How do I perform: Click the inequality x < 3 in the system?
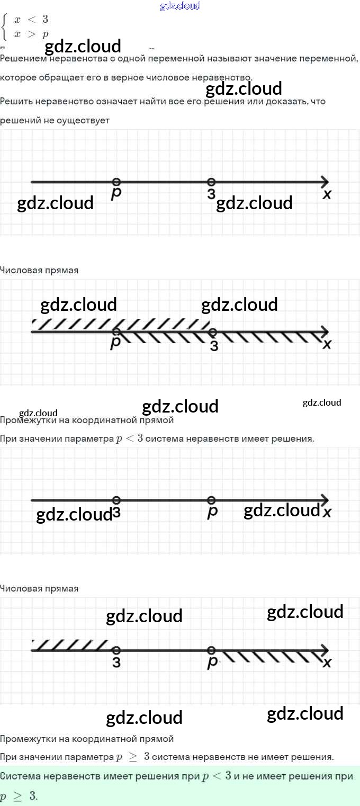point(31,20)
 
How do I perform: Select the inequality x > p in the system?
point(31,34)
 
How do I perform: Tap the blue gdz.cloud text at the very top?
point(180,6)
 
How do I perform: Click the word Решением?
point(22,58)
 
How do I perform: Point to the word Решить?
point(16,101)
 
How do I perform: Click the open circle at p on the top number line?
point(116,182)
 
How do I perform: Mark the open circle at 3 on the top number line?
point(211,182)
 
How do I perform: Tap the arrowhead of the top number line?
point(325,182)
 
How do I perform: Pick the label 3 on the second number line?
point(214,346)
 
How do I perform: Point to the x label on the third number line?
point(327,513)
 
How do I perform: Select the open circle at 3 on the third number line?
point(116,500)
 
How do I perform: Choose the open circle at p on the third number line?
point(211,500)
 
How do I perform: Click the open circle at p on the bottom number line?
point(211,650)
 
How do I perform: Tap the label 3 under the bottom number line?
point(116,662)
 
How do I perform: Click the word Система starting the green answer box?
point(20,776)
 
